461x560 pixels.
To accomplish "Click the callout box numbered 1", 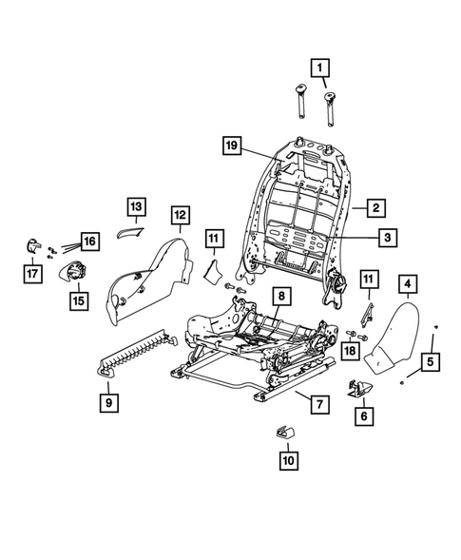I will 320,68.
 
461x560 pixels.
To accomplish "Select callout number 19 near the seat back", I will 231,146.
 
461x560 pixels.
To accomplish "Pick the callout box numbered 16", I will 88,242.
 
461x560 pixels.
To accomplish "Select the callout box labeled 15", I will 77,300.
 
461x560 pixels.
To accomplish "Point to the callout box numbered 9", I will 110,403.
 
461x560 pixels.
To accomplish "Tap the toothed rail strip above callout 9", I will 138,351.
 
